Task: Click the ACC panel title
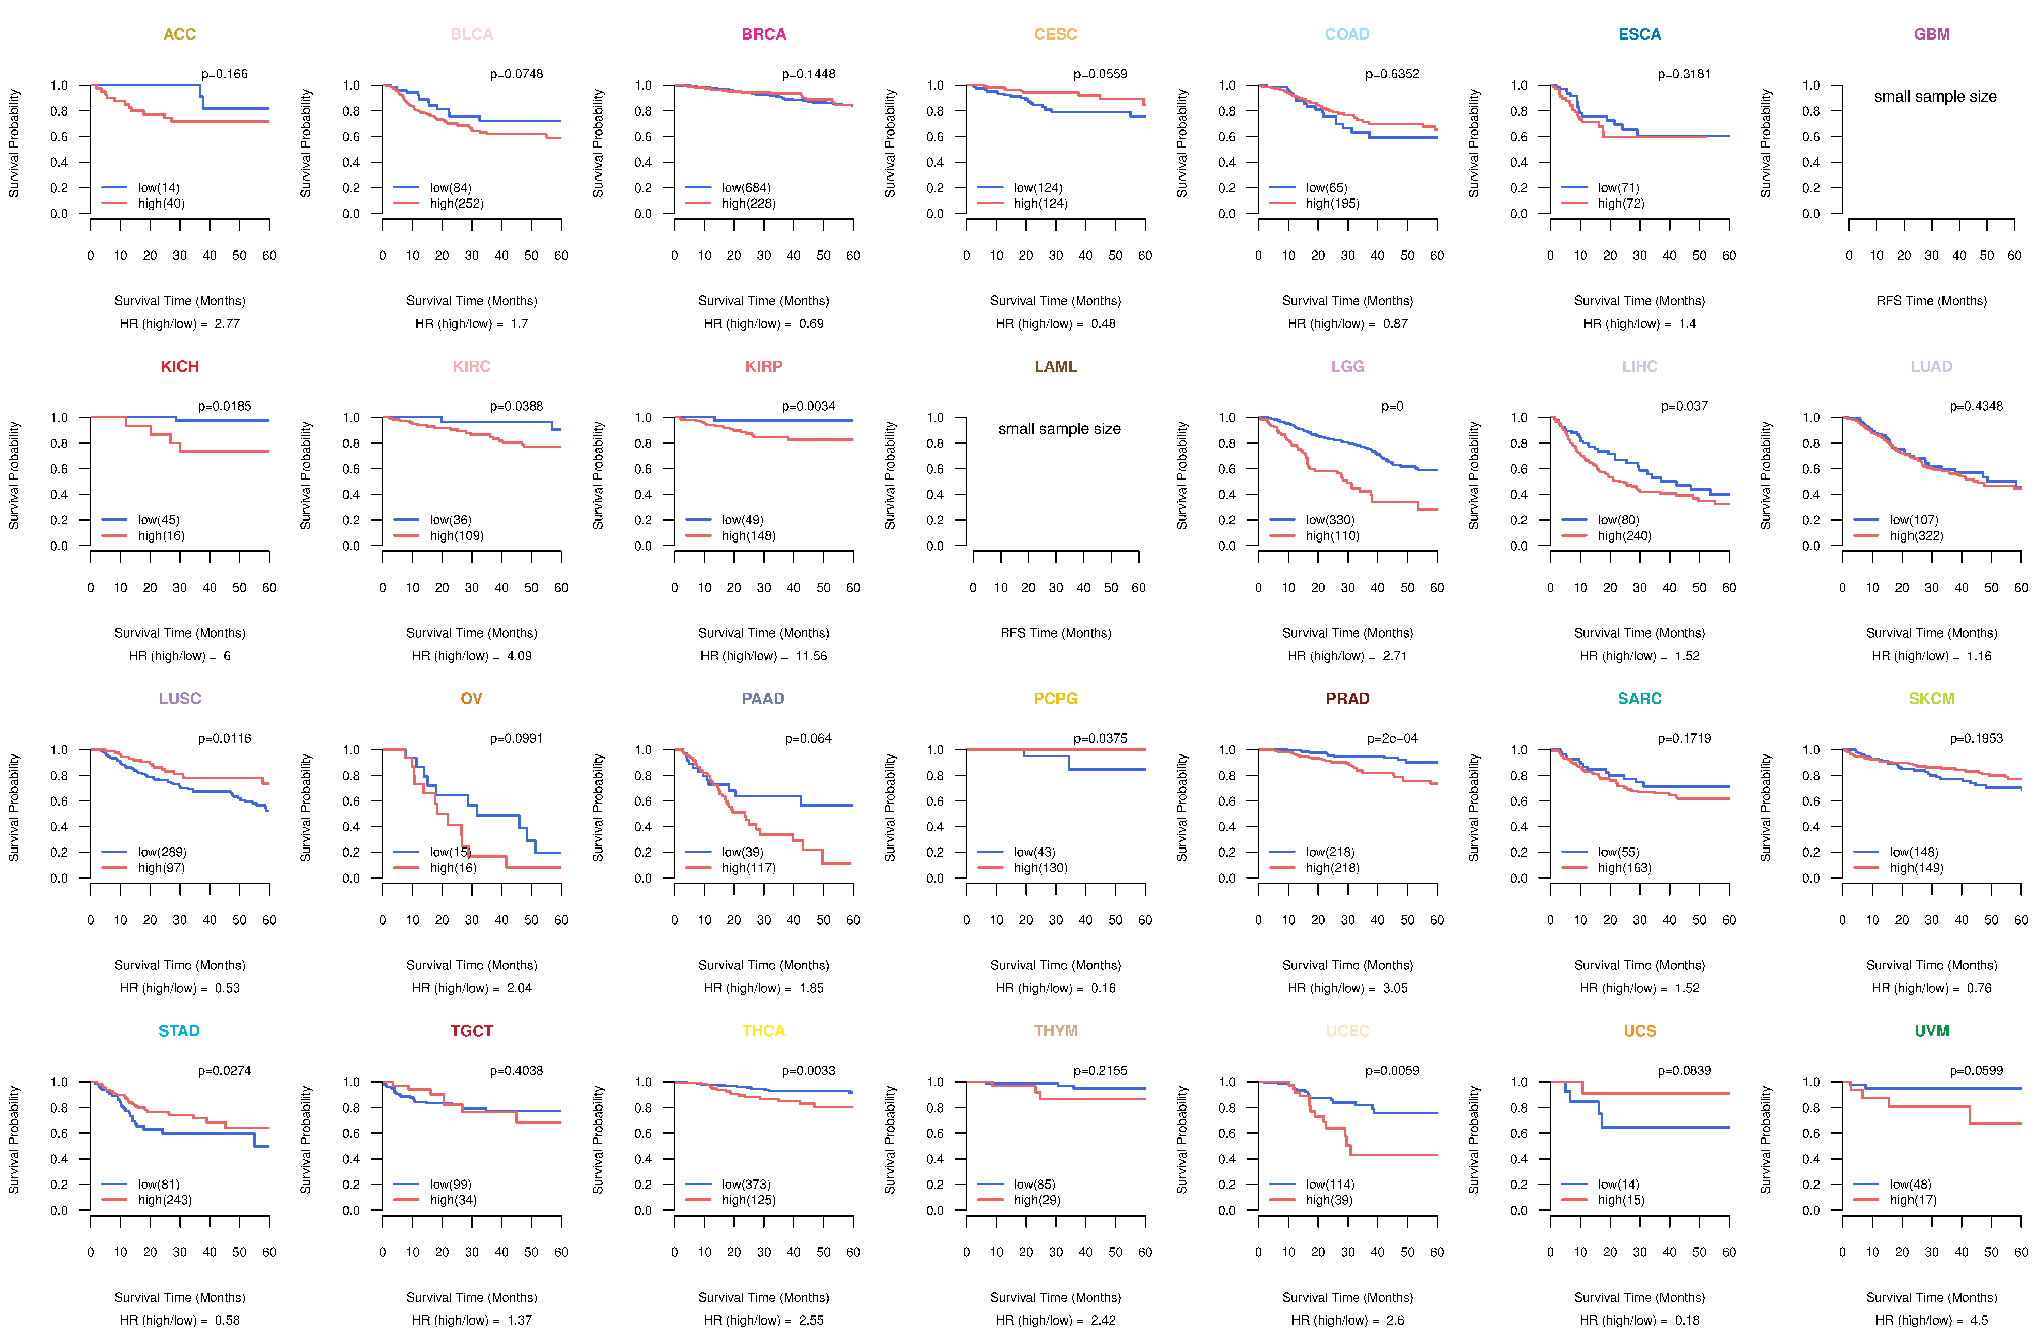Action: [180, 34]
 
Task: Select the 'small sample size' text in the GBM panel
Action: [1935, 96]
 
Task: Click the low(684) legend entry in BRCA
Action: [746, 187]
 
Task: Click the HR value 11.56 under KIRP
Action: [811, 656]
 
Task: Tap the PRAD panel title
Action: [1347, 699]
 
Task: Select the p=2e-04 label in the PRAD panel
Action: [1392, 739]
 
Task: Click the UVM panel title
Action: [1932, 1031]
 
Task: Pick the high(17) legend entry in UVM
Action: [1913, 1200]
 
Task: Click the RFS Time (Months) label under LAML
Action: [1055, 633]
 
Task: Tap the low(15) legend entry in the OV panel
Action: [450, 852]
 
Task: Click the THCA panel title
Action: [763, 1031]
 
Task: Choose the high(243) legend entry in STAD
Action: [165, 1200]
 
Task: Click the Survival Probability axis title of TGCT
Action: [306, 1140]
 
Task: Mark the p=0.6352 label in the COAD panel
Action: [1392, 74]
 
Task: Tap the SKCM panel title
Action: [1932, 699]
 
